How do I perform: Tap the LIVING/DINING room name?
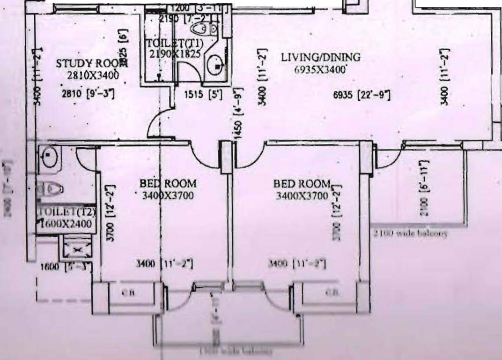click(321, 58)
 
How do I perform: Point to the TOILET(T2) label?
click(67, 212)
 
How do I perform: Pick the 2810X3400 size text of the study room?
click(92, 75)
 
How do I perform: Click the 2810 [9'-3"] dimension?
click(89, 93)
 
